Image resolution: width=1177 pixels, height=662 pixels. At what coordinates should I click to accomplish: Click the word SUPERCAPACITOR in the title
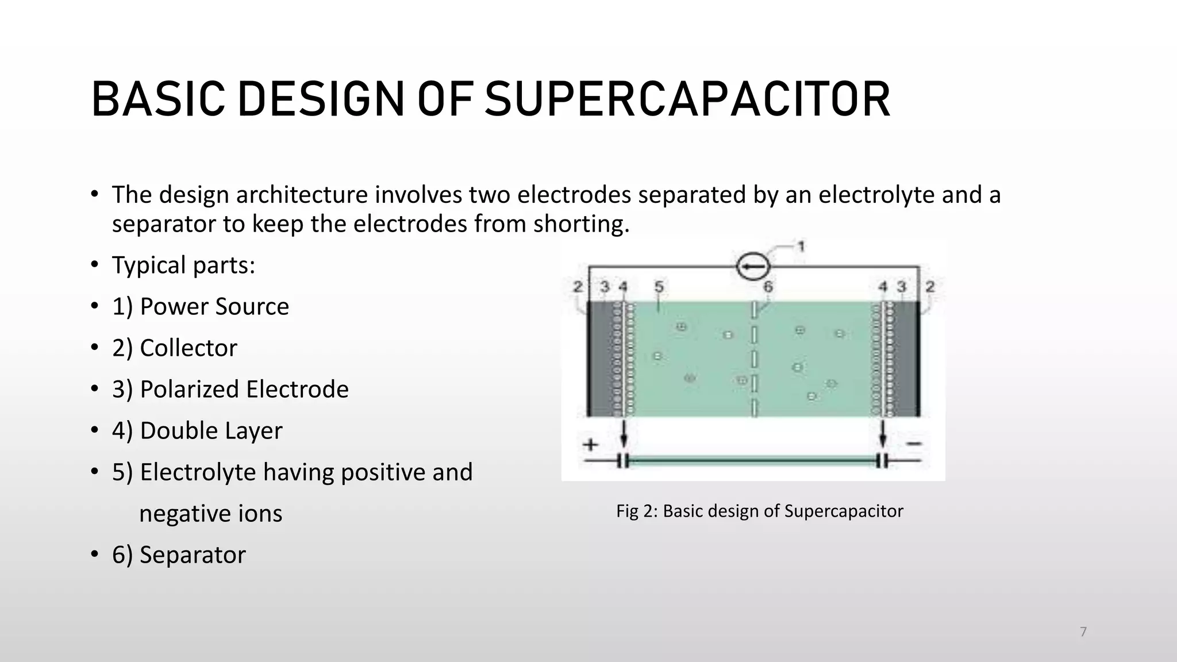point(687,99)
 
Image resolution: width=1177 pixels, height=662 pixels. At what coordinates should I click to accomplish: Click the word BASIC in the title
point(158,99)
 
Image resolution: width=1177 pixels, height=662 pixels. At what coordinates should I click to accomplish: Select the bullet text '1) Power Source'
point(201,306)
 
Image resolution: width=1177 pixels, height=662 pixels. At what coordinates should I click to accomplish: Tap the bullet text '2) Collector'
point(175,348)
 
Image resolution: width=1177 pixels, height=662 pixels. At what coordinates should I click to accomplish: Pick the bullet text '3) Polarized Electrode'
point(230,389)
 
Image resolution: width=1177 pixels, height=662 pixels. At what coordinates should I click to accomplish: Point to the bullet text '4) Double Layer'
point(197,430)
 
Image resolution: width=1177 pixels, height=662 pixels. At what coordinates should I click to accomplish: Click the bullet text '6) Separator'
point(179,555)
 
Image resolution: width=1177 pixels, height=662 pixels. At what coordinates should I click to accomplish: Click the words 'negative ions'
point(210,513)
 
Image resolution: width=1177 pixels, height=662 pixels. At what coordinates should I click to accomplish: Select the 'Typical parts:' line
point(183,265)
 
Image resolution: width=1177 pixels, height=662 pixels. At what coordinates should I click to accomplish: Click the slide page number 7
point(1083,632)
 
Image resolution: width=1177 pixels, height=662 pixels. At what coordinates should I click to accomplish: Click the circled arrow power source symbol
point(753,267)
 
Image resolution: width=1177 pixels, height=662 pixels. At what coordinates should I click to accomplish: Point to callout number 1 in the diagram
point(801,247)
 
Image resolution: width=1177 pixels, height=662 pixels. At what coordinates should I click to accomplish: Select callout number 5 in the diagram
point(659,286)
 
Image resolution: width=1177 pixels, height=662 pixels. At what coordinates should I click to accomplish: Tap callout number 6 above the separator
point(768,286)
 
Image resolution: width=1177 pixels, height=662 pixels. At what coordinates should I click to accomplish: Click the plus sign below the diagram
point(590,444)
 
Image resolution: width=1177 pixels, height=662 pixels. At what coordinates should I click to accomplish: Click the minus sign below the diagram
point(914,444)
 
